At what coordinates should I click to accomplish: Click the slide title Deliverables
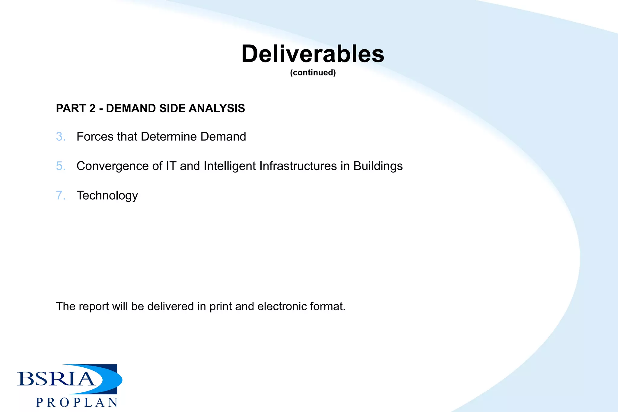(313, 54)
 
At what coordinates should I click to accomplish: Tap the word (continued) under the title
(313, 73)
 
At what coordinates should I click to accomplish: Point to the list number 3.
(60, 137)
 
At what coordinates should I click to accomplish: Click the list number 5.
(60, 166)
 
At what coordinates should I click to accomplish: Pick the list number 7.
(60, 195)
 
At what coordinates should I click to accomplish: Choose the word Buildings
(378, 166)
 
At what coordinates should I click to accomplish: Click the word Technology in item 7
(107, 196)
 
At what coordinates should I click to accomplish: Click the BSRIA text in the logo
(56, 379)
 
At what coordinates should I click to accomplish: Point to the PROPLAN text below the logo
(77, 403)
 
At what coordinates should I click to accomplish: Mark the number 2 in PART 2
(92, 108)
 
